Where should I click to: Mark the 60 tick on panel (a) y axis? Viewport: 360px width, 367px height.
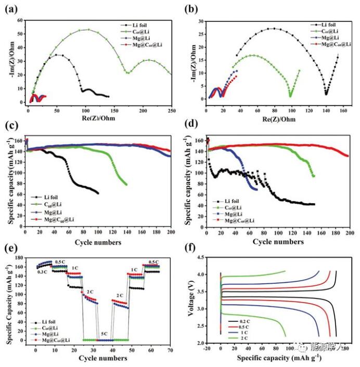coord(19,20)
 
